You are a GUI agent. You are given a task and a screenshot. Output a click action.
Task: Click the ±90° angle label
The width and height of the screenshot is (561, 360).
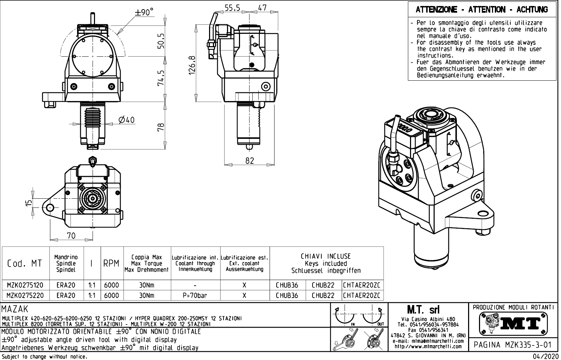click(x=144, y=12)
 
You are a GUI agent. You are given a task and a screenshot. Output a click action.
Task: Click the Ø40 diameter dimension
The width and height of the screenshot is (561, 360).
click(x=127, y=120)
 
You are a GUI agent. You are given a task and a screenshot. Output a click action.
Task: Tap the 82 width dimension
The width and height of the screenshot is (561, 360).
click(x=249, y=160)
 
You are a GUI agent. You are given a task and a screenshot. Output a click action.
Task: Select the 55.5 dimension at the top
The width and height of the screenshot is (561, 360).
click(x=233, y=8)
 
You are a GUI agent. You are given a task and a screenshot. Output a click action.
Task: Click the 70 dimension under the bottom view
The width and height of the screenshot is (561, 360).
click(x=71, y=236)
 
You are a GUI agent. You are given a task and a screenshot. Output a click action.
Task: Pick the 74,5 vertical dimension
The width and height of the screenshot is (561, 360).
click(x=161, y=77)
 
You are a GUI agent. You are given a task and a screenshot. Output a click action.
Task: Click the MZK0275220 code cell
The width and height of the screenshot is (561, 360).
click(x=25, y=295)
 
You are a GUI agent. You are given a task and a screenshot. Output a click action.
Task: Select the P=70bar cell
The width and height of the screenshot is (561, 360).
click(x=195, y=295)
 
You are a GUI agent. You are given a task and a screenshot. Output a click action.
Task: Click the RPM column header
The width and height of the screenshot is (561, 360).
click(x=111, y=263)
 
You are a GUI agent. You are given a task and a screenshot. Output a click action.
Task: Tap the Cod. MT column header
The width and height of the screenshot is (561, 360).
click(x=25, y=263)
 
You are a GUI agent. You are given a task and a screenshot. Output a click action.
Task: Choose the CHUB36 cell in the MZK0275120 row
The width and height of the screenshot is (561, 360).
click(x=287, y=285)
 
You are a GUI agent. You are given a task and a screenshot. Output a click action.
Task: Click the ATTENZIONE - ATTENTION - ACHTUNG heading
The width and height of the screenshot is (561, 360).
click(x=481, y=10)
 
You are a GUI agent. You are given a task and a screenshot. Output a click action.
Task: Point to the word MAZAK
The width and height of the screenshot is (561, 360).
click(x=15, y=310)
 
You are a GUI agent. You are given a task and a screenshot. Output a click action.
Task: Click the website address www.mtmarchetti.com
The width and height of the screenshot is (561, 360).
click(x=428, y=346)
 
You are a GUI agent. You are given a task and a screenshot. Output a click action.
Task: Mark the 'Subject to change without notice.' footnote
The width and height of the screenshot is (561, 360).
click(x=44, y=356)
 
